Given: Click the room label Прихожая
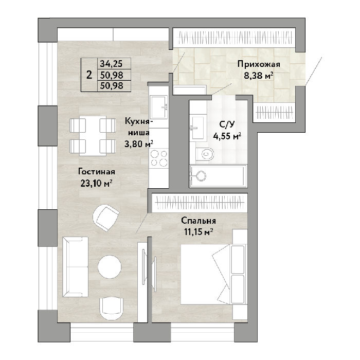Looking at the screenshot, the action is pos(259,64).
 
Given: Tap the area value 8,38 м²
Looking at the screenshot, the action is pos(259,76).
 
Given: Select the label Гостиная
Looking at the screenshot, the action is pos(97,172).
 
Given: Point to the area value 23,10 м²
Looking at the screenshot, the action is pos(97,183).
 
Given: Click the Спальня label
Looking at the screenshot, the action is pos(199,221).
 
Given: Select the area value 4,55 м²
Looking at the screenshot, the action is pos(227,136).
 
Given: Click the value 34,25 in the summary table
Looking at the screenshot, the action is pos(111,64).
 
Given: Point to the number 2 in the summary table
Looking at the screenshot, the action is pos(89,75).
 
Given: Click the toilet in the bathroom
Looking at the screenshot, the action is pos(205,154).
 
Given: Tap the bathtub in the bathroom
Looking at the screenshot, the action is pos(218,176).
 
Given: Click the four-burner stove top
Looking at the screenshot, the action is pos(159,158).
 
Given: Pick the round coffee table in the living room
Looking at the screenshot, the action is pos(110,266).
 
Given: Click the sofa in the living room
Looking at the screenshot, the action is pos(75,267).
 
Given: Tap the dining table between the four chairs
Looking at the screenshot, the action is pos(93,136).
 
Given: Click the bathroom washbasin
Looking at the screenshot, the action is pos(197,128).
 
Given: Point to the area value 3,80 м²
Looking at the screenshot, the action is pos(139,144).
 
